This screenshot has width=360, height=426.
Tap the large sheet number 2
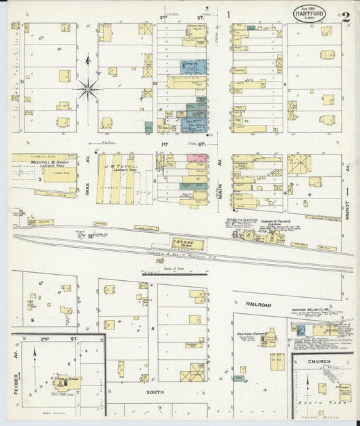coord(345,17)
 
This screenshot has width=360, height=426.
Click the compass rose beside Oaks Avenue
coord(87,87)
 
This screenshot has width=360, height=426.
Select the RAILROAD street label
coord(258,305)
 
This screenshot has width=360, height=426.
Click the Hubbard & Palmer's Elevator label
coord(276,222)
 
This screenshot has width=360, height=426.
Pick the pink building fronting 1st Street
coord(197,157)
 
